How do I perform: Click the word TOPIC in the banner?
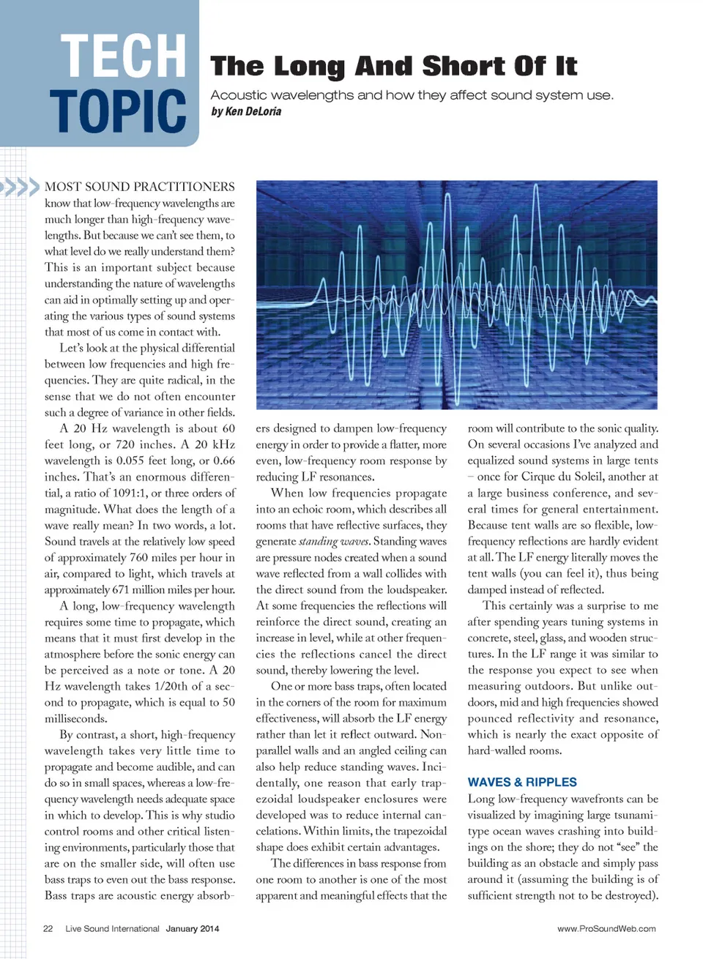[x=118, y=111]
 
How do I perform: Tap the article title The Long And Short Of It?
[x=393, y=67]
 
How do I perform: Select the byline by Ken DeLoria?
[x=246, y=112]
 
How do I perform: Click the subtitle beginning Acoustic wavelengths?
[x=412, y=95]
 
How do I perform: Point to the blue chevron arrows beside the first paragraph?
[x=20, y=187]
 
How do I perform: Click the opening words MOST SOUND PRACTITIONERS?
[x=139, y=187]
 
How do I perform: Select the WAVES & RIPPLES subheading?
[x=522, y=782]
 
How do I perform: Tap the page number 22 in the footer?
[x=48, y=928]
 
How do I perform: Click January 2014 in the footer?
[x=192, y=928]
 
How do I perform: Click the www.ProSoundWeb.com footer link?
[x=606, y=928]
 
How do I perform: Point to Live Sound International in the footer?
[x=112, y=928]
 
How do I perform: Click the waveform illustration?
[x=456, y=294]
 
